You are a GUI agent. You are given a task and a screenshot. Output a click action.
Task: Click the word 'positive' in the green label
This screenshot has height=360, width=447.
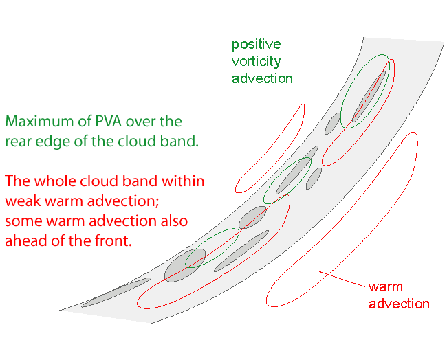tap(256, 45)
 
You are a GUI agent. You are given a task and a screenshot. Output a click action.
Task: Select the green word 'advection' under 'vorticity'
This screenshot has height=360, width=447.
tap(262, 78)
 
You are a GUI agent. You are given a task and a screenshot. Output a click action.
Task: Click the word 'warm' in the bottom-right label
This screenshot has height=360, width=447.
tap(386, 287)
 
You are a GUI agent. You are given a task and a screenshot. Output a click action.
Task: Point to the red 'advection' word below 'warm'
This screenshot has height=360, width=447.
tap(399, 304)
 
